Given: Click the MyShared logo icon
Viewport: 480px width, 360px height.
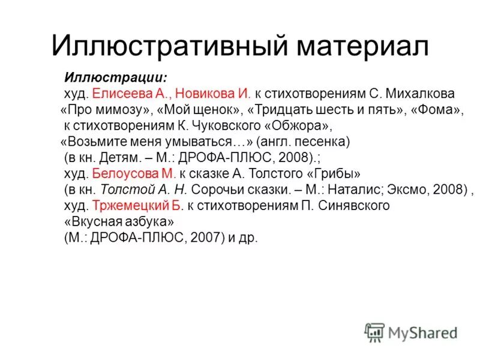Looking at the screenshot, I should pyautogui.click(x=375, y=332).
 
